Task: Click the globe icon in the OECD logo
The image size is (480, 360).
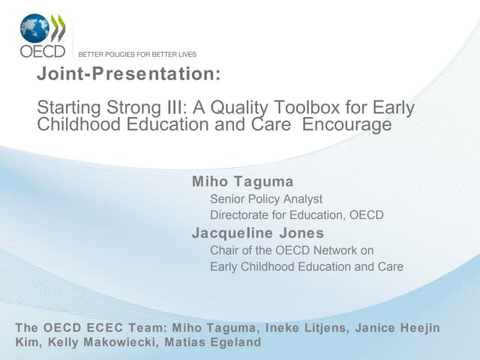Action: click(34, 28)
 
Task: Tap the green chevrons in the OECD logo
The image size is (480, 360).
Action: click(58, 28)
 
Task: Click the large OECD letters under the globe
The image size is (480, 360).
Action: click(42, 52)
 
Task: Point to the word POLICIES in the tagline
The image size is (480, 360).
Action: click(119, 55)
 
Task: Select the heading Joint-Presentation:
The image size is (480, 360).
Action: click(129, 74)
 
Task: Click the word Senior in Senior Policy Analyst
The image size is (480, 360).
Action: click(227, 199)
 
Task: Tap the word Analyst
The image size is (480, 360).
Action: click(303, 199)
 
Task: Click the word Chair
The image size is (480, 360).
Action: click(226, 250)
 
